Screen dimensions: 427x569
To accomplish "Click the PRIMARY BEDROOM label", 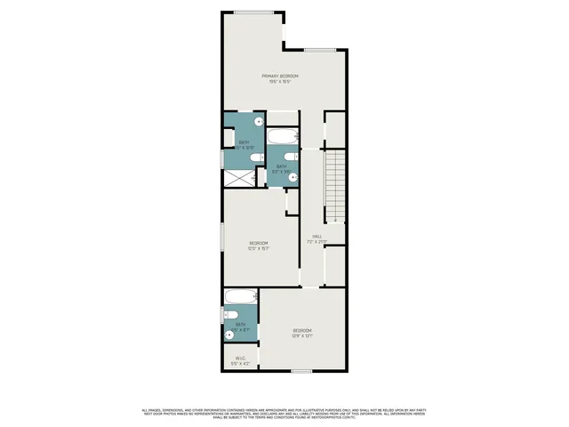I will coord(279,77).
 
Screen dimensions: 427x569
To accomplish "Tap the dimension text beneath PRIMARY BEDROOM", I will coord(279,83).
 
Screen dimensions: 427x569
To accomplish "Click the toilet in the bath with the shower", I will coord(255,158).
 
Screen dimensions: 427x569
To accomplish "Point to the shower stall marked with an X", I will coord(238,177).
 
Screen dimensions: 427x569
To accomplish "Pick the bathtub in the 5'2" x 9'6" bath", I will coord(284,138).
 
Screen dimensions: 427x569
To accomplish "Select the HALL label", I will coord(317,236).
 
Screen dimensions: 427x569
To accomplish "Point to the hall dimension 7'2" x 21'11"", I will coord(317,242).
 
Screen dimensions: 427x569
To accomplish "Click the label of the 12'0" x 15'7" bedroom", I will coord(259,243).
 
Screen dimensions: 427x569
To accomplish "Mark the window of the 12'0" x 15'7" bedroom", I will coord(222,243).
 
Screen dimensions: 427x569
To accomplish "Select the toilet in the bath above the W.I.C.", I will coord(228,316).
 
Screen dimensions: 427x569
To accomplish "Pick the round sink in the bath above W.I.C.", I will coord(229,335).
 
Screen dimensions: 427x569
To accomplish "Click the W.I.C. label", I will coord(239,359).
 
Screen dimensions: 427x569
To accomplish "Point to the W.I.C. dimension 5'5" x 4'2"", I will coord(239,365).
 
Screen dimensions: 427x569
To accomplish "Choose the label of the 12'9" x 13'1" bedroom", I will coord(301,330).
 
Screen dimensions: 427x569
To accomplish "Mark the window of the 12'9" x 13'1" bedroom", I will coord(302,370).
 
